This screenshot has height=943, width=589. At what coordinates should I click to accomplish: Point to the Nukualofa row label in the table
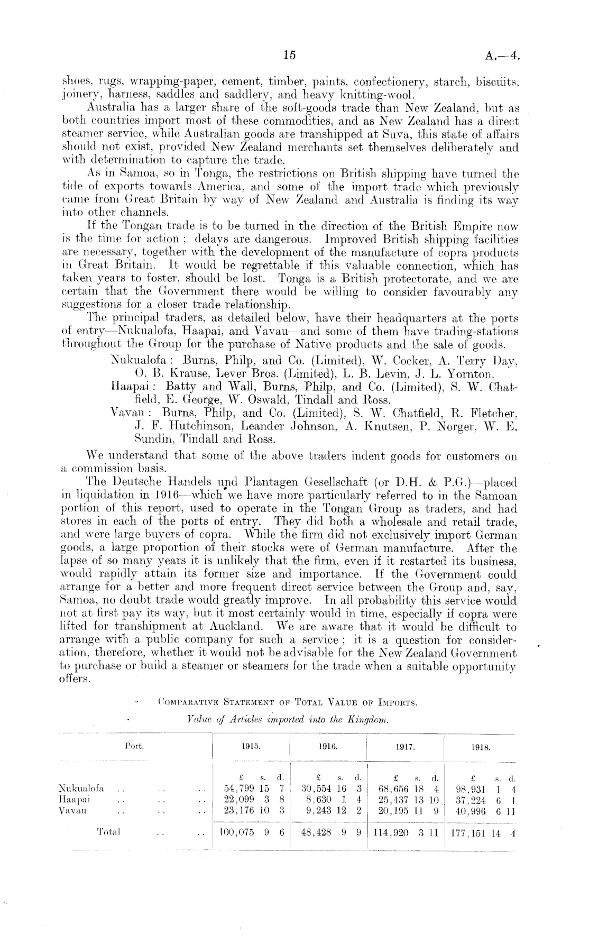click(x=80, y=788)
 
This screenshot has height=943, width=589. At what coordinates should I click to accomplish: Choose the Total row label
click(x=109, y=832)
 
